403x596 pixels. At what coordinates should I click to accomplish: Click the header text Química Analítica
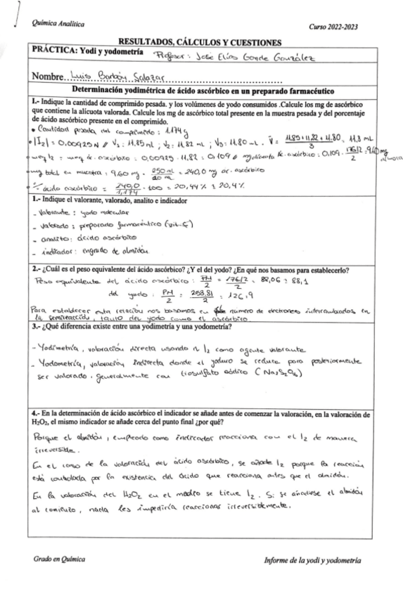(54, 25)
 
